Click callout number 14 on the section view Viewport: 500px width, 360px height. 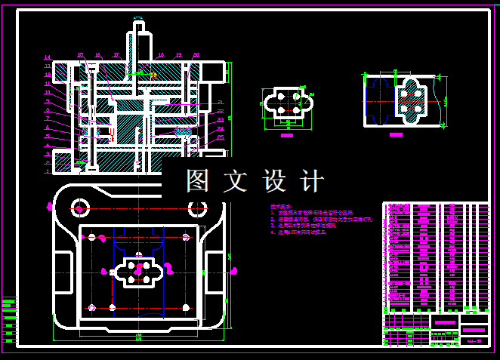47,58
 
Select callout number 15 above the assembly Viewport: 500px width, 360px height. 81,54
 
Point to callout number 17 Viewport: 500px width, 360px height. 116,54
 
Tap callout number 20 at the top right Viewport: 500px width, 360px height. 196,54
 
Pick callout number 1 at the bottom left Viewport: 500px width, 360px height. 47,171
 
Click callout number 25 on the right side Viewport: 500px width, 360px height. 221,137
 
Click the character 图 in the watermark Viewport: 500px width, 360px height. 198,181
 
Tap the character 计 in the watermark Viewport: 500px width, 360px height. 312,181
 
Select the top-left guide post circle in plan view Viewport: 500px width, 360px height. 91,238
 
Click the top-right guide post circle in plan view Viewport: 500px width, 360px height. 187,238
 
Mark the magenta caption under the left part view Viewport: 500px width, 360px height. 286,137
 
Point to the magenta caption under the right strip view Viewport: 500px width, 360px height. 396,134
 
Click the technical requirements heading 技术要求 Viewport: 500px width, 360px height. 280,206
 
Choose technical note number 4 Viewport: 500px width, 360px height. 298,233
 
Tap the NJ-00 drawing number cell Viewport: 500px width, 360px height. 474,341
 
